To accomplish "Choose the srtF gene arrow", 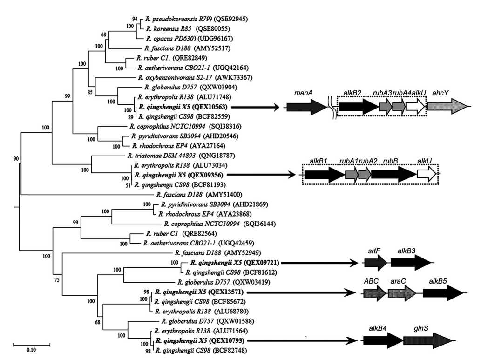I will click(x=375, y=263).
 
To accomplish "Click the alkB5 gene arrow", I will click(x=442, y=292).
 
